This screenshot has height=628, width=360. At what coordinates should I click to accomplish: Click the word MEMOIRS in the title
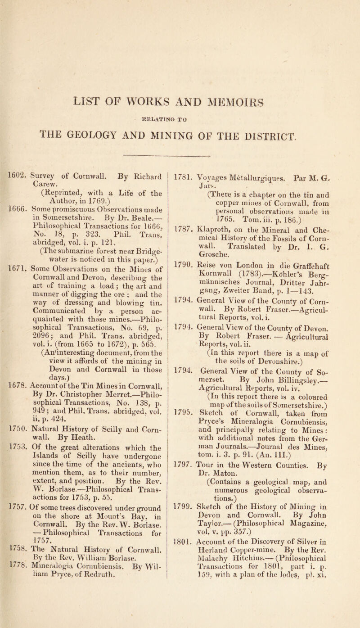[270, 48]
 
